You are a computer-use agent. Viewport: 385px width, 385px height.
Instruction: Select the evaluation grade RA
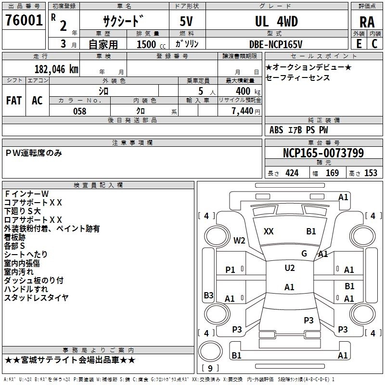click(x=367, y=22)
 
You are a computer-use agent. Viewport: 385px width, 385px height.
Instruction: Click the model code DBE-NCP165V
click(x=276, y=44)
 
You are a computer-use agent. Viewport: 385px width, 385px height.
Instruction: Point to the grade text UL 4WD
click(x=276, y=21)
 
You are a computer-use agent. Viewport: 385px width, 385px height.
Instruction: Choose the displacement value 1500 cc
click(x=147, y=44)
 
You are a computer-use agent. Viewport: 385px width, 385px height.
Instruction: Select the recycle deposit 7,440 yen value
click(x=246, y=111)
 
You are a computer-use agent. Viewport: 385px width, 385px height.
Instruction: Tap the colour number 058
click(x=79, y=111)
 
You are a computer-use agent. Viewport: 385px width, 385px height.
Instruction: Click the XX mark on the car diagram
click(x=269, y=231)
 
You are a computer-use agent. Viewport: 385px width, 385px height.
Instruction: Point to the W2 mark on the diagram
click(x=239, y=240)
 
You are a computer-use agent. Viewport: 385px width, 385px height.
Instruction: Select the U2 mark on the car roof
click(x=289, y=268)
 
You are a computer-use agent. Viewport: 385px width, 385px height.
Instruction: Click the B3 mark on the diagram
click(x=208, y=295)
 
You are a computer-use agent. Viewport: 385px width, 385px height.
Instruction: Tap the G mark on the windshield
click(x=304, y=254)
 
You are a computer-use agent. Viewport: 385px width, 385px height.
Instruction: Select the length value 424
click(x=292, y=173)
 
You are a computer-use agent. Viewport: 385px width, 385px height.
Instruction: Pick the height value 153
click(x=371, y=173)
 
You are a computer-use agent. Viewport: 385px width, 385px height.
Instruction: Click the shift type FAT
click(x=13, y=101)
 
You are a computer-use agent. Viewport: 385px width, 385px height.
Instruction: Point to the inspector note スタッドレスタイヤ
click(x=36, y=297)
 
